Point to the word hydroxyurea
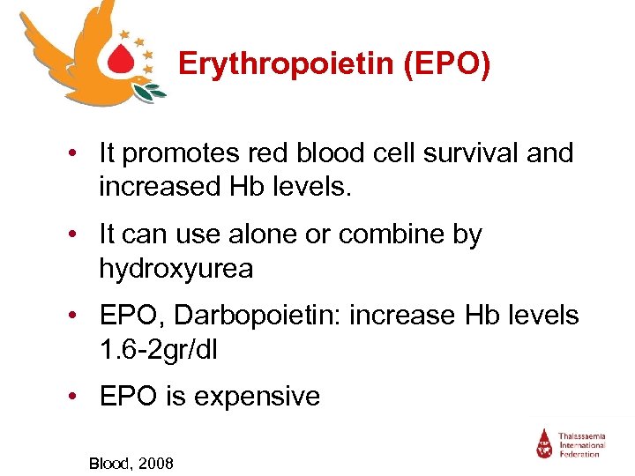[x=176, y=268]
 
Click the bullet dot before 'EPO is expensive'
[x=79, y=397]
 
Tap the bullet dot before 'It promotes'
[x=79, y=154]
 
